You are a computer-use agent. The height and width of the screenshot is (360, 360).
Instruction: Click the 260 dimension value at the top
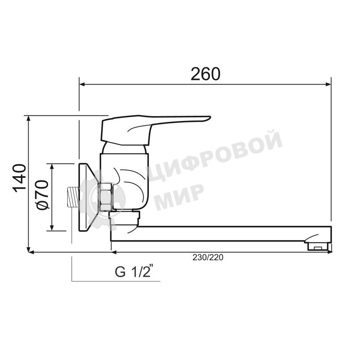click(x=206, y=74)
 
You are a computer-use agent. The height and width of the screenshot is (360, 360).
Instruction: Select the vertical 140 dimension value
click(x=19, y=178)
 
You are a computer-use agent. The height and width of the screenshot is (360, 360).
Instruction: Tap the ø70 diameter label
click(x=43, y=195)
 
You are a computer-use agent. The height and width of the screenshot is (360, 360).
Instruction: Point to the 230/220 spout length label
click(x=208, y=257)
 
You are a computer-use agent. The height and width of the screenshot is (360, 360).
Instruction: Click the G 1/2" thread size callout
click(x=134, y=272)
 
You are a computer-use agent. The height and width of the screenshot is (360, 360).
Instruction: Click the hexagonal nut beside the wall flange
click(x=105, y=197)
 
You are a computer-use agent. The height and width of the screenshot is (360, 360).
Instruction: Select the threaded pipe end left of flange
click(x=73, y=197)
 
